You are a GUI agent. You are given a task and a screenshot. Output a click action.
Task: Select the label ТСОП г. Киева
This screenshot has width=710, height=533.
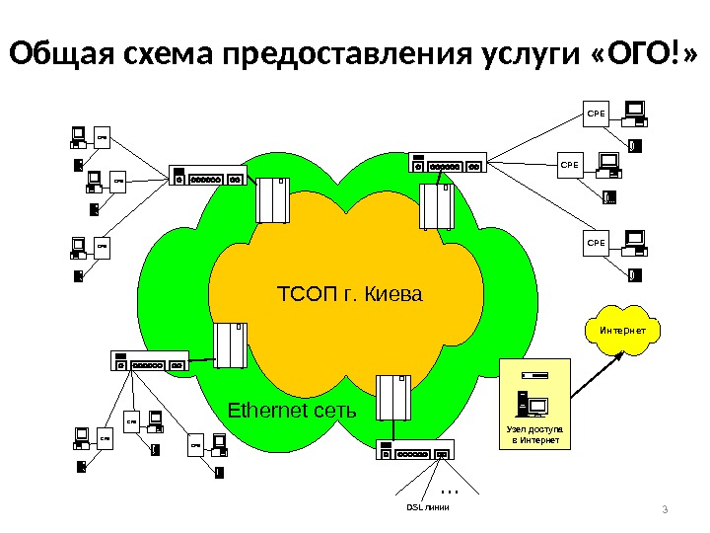click(350, 294)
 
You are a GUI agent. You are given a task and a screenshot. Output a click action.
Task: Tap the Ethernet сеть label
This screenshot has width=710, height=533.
click(292, 410)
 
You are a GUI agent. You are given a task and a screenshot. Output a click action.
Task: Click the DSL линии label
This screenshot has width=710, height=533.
click(427, 507)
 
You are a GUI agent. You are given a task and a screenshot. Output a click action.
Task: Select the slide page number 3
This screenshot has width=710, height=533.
click(665, 509)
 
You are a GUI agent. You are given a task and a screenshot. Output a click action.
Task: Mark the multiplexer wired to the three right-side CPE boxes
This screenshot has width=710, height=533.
click(447, 164)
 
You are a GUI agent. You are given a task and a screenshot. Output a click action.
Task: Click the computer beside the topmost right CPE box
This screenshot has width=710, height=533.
click(635, 112)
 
